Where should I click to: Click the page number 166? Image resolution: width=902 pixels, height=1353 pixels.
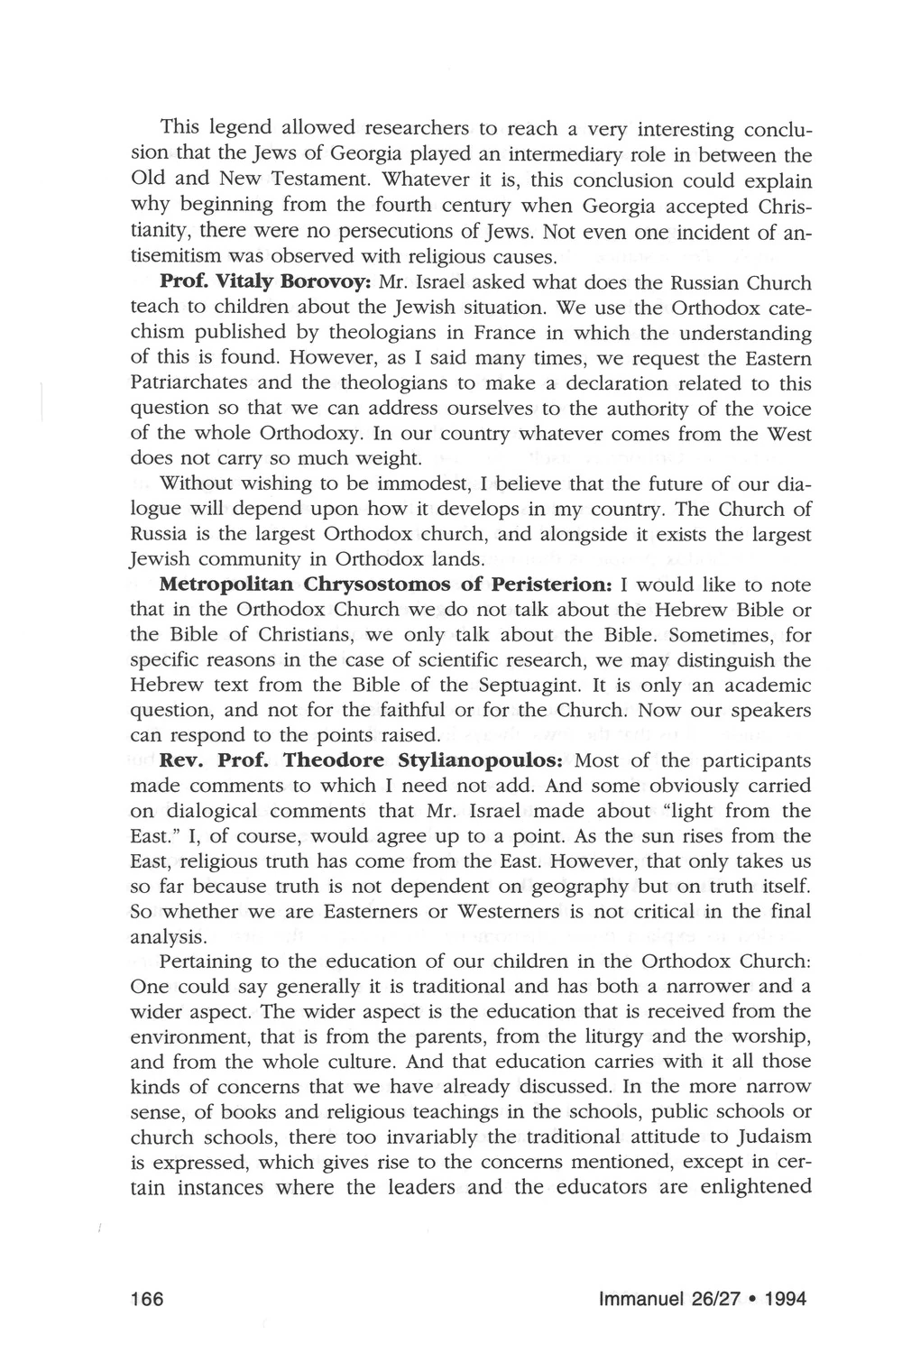[x=146, y=1300]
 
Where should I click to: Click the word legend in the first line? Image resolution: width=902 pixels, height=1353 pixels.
[x=236, y=131]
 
